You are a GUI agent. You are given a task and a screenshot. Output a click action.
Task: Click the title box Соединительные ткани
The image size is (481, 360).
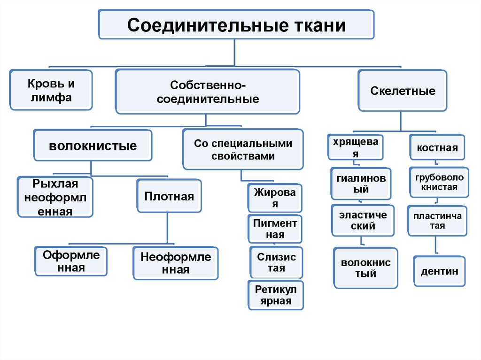pyautogui.click(x=236, y=24)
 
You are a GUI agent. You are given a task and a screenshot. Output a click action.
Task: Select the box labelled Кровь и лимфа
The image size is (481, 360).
pyautogui.click(x=51, y=91)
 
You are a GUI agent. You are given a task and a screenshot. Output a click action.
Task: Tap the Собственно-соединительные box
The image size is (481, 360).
pyautogui.click(x=208, y=92)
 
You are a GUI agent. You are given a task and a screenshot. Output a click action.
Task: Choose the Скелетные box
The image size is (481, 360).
pyautogui.click(x=403, y=91)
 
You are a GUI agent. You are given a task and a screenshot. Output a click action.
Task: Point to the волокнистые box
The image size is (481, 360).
pyautogui.click(x=93, y=146)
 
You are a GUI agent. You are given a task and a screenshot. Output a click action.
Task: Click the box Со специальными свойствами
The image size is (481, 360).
pyautogui.click(x=243, y=150)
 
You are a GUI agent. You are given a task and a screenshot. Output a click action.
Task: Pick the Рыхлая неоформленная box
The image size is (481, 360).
pyautogui.click(x=55, y=197)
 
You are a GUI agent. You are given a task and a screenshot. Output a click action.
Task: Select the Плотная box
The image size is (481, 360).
pyautogui.click(x=169, y=196)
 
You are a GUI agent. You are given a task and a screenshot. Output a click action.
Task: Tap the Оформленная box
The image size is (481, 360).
pyautogui.click(x=71, y=261)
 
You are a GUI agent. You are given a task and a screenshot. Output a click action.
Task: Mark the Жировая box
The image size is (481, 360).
pyautogui.click(x=275, y=198)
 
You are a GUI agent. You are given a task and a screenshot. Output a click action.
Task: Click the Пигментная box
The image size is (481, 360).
pyautogui.click(x=275, y=229)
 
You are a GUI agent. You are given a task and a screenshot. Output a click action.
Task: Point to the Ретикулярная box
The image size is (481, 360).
pyautogui.click(x=276, y=295)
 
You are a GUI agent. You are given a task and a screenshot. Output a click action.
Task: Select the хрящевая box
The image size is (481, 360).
pyautogui.click(x=356, y=147)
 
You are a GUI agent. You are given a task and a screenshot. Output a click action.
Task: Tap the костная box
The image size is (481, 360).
pyautogui.click(x=437, y=148)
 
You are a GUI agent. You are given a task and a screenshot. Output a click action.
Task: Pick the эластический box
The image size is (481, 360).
pyautogui.click(x=363, y=220)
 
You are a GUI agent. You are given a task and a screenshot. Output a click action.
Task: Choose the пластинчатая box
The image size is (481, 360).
pyautogui.click(x=436, y=221)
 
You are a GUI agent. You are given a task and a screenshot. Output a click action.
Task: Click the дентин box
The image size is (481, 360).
pyautogui.click(x=439, y=271)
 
